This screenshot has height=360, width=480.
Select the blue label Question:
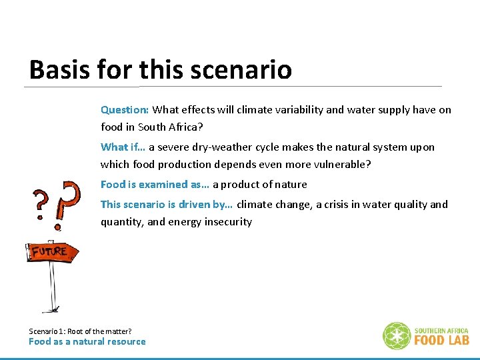click(125, 109)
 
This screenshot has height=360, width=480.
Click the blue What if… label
click(123, 147)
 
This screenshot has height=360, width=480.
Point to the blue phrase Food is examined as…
click(155, 184)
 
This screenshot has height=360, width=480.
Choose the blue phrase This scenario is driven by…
click(166, 204)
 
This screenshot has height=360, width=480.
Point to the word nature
click(291, 184)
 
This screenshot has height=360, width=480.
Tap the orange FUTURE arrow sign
click(53, 252)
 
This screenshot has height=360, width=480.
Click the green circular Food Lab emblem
click(397, 335)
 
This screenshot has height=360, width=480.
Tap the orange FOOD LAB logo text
click(442, 339)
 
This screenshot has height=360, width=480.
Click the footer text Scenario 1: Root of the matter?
click(80, 331)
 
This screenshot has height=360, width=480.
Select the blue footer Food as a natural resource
click(87, 341)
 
